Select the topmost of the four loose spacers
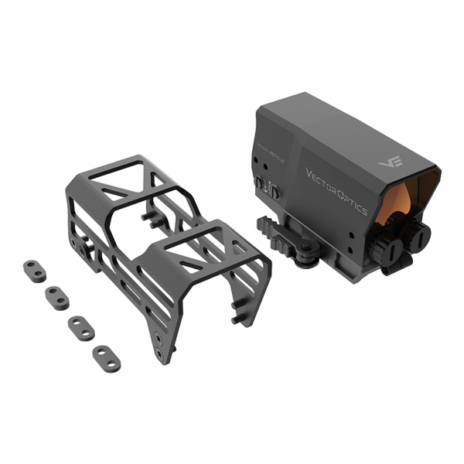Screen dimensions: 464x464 click(x=35, y=270)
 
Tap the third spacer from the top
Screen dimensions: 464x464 click(x=80, y=326)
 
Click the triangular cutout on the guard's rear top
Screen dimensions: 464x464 click(x=114, y=181)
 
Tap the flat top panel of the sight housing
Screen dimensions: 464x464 click(x=340, y=131)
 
